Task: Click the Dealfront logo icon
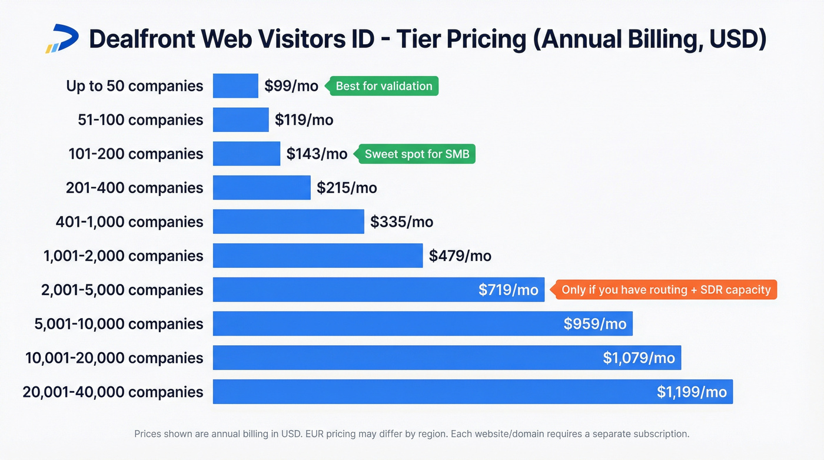[x=62, y=39]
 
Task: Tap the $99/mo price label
[x=291, y=86]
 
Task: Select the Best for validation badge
[x=383, y=86]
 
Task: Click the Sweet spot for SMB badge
[x=416, y=154]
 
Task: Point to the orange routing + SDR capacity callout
[x=665, y=290]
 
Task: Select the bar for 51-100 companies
[x=240, y=120]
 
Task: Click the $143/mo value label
[x=317, y=154]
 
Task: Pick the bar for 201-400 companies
[x=261, y=188]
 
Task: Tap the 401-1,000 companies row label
[x=129, y=222]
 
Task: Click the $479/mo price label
[x=460, y=256]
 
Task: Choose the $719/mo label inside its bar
[x=508, y=290]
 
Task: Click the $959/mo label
[x=594, y=324]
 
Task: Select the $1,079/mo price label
[x=639, y=358]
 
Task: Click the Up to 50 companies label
[x=134, y=86]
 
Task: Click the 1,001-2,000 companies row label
[x=123, y=256]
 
